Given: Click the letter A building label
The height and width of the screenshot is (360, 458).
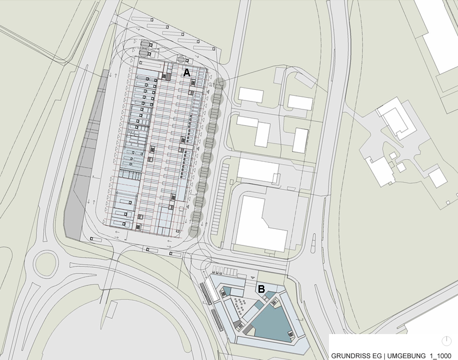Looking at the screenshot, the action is click(x=187, y=72).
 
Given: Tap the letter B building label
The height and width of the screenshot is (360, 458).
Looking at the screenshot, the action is click(x=261, y=289).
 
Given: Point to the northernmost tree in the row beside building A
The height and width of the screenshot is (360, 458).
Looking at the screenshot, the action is click(x=220, y=84).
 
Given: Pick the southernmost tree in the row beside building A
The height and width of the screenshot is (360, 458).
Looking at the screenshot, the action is click(x=195, y=232).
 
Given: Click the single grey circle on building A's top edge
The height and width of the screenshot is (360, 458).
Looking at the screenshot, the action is click(x=181, y=60).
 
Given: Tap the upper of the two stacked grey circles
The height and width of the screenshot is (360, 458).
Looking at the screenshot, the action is click(x=145, y=44).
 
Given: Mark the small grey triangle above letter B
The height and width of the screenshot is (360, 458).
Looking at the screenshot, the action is click(x=253, y=277).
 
